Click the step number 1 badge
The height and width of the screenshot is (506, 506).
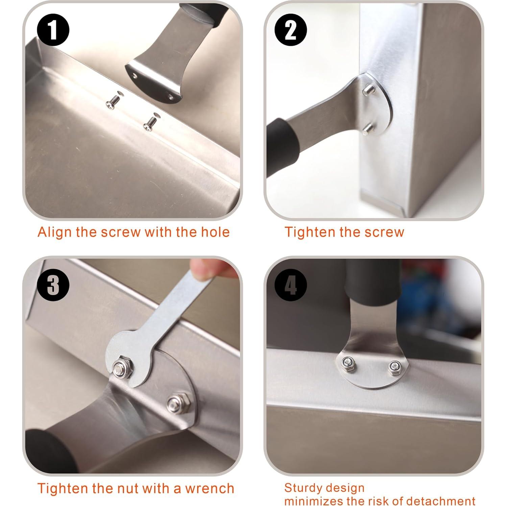pos(53,30)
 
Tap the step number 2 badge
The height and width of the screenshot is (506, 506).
pos(290,30)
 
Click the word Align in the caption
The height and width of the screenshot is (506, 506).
pos(55,232)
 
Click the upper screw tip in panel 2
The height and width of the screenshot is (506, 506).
pos(369,90)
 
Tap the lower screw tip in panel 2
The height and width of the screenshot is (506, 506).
pos(367,129)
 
